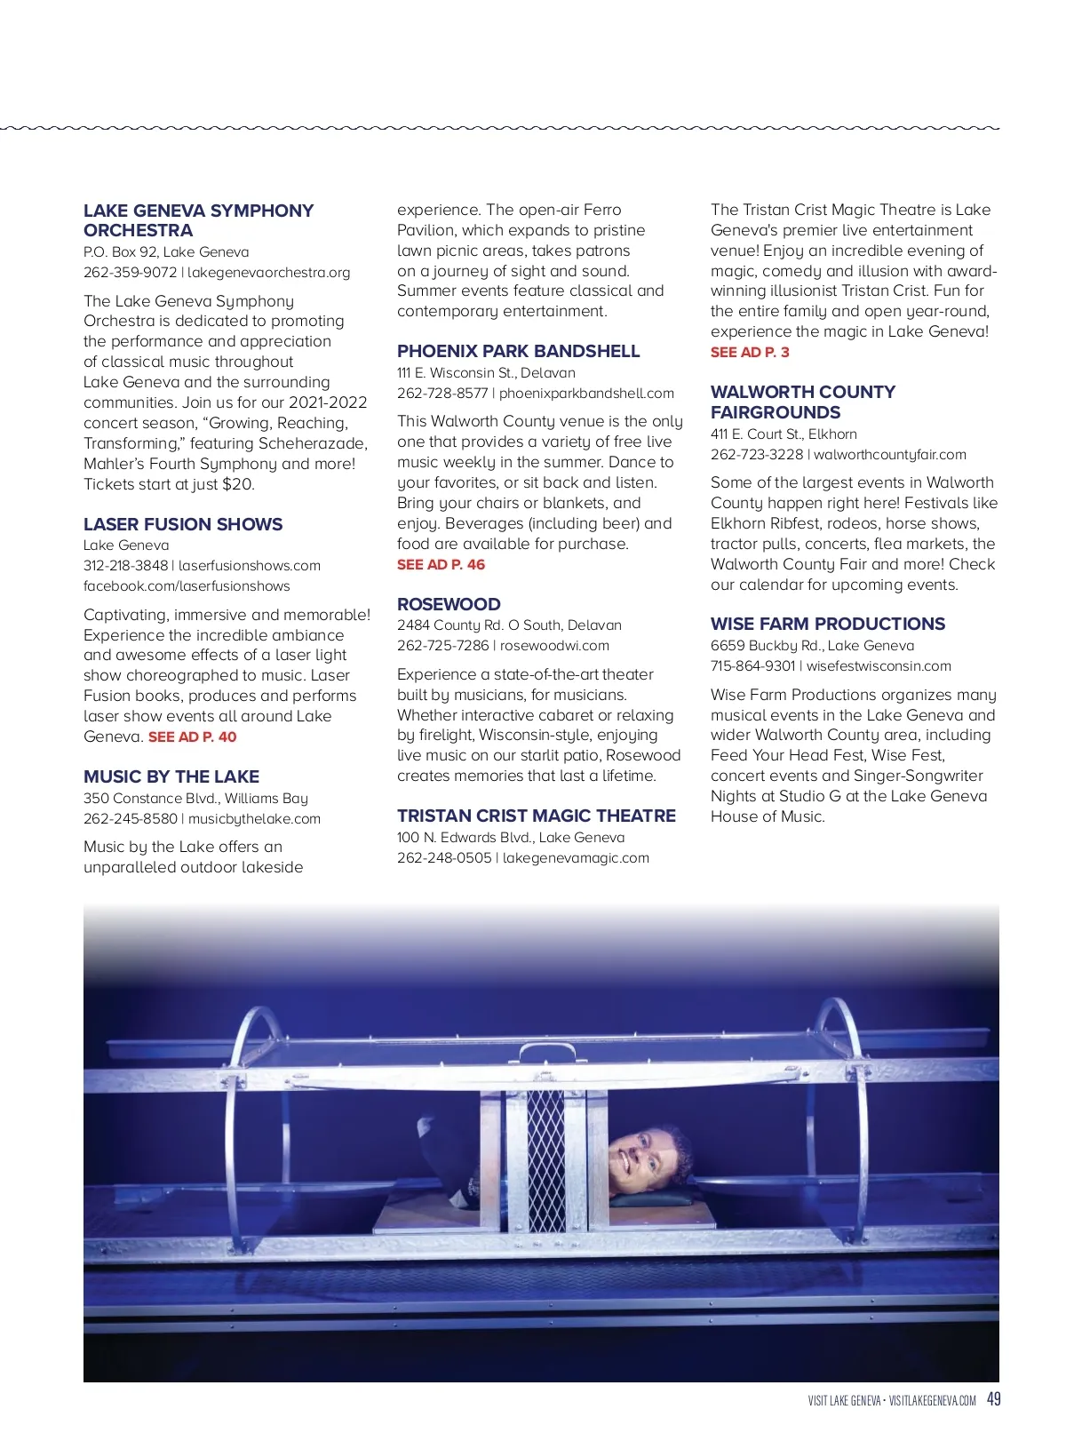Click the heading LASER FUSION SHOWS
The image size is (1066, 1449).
click(183, 524)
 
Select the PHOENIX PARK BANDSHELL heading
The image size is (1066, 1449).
click(518, 351)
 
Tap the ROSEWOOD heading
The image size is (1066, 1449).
click(449, 604)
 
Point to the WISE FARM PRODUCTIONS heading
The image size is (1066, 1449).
click(828, 624)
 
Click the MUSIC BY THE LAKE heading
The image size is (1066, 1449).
click(171, 776)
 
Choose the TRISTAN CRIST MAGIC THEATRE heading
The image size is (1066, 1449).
click(537, 816)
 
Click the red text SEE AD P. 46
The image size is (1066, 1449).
click(441, 565)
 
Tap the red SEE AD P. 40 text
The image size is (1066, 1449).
click(193, 736)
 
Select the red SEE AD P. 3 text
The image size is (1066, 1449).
click(750, 353)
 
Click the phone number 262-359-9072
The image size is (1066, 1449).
click(130, 273)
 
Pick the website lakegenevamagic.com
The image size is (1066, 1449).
click(576, 858)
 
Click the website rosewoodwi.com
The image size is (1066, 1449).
click(554, 646)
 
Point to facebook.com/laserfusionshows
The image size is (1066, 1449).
click(187, 586)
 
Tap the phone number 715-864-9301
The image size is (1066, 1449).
click(752, 666)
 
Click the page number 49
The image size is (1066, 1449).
click(994, 1399)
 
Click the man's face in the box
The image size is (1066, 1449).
click(642, 1156)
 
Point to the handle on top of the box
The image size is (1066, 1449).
click(548, 1053)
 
